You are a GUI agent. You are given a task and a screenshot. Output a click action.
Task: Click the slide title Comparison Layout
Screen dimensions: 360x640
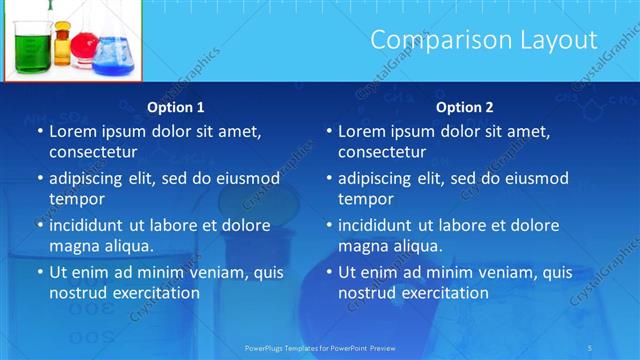[484, 40]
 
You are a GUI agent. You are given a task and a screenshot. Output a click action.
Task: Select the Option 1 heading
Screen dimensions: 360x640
[176, 107]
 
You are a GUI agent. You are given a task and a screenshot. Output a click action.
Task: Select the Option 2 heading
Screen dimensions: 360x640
[465, 107]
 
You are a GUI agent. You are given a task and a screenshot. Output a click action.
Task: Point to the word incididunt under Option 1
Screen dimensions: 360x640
[91, 226]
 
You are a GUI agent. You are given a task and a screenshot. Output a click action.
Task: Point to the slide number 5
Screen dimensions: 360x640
[590, 347]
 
